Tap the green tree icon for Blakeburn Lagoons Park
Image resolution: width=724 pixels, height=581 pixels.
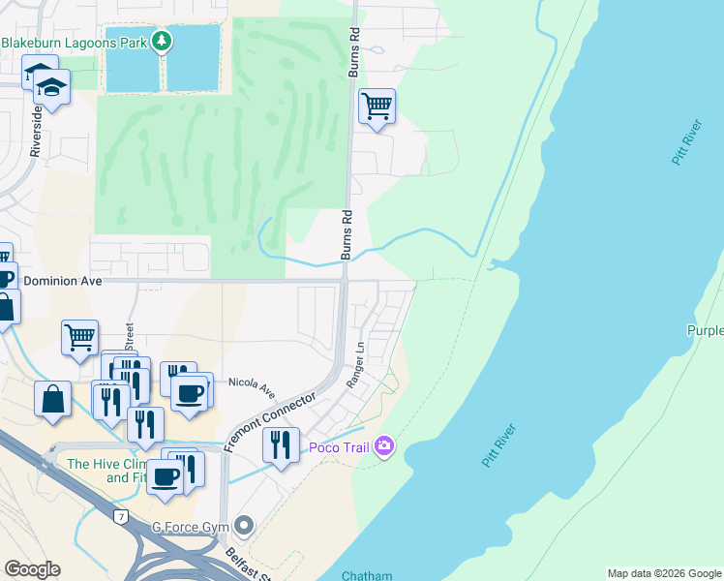pyautogui.click(x=163, y=41)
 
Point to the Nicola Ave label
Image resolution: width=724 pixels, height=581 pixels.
pyautogui.click(x=252, y=386)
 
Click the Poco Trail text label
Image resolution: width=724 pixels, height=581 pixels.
pyautogui.click(x=339, y=446)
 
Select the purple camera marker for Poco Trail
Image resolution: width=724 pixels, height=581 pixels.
pyautogui.click(x=384, y=445)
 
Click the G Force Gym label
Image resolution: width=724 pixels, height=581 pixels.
pyautogui.click(x=192, y=527)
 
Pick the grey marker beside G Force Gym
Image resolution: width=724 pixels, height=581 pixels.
pyautogui.click(x=243, y=527)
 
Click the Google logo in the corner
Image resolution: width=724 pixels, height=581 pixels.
pyautogui.click(x=31, y=569)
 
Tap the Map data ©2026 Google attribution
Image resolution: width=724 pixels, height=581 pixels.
pyautogui.click(x=664, y=573)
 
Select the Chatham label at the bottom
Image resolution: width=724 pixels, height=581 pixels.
pyautogui.click(x=367, y=575)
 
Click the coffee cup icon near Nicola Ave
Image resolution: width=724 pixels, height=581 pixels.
pyautogui.click(x=189, y=391)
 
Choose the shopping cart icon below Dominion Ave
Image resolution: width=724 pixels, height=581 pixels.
pyautogui.click(x=79, y=338)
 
